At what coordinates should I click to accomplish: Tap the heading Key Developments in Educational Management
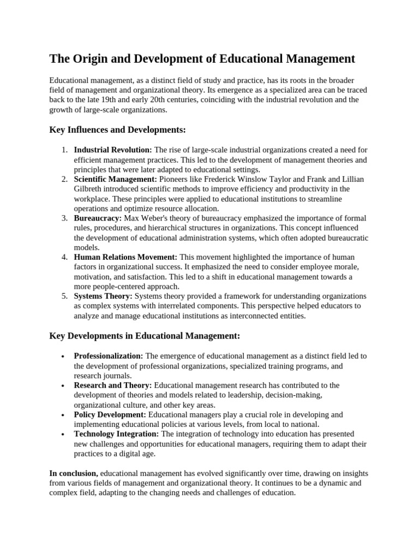[145, 335]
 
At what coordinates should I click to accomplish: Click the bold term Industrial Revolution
[113, 150]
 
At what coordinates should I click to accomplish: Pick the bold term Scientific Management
[115, 179]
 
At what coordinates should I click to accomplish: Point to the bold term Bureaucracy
[98, 218]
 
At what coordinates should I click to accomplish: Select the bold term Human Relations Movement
[125, 257]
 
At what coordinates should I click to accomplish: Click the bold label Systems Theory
[103, 296]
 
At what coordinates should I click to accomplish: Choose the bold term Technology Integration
[116, 434]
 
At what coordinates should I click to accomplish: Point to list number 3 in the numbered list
[64, 218]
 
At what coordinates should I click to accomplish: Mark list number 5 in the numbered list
[64, 296]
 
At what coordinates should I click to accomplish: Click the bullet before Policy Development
[64, 415]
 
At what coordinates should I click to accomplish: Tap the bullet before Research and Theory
[64, 385]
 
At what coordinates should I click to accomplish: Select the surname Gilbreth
[89, 189]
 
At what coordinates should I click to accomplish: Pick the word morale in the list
[348, 267]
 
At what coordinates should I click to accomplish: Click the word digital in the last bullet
[133, 454]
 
